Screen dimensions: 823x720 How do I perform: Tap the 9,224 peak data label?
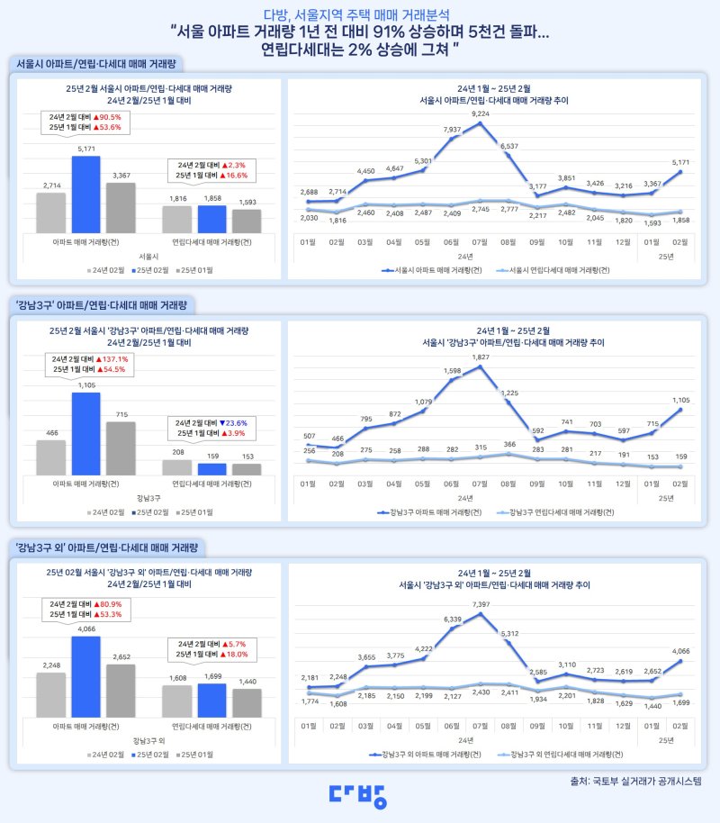click(480, 114)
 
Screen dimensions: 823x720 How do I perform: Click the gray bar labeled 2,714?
click(51, 213)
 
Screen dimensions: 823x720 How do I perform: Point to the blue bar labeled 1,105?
click(86, 433)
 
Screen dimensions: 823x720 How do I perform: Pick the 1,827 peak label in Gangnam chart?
click(480, 357)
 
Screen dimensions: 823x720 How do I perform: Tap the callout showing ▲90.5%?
click(86, 122)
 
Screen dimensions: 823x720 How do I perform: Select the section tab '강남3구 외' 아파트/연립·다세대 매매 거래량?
click(107, 547)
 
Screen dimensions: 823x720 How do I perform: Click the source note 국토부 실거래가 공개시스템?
click(641, 781)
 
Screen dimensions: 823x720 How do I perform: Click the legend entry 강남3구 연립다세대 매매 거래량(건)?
click(558, 512)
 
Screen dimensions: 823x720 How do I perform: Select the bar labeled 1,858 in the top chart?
click(211, 219)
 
